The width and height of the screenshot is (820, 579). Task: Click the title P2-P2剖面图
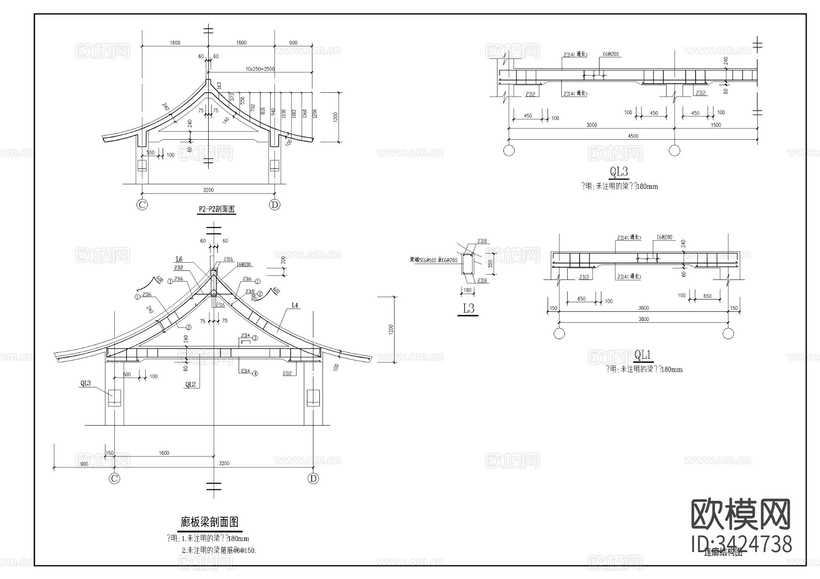tap(216, 209)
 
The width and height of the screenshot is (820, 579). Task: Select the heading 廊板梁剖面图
tap(210, 522)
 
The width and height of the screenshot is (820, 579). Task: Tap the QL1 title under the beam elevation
tap(643, 355)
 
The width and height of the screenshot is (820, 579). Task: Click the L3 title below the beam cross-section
tap(468, 309)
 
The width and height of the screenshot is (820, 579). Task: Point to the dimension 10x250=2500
tap(260, 69)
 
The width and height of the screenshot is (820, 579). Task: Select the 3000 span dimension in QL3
tap(592, 125)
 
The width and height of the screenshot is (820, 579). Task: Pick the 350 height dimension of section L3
tap(491, 264)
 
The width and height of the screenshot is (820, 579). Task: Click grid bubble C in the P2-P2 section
tap(142, 205)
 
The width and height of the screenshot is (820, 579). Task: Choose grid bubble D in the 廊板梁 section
tap(313, 478)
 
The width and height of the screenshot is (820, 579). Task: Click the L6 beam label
tap(179, 259)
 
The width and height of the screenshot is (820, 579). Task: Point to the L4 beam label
tap(294, 305)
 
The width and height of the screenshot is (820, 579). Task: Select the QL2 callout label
tap(190, 385)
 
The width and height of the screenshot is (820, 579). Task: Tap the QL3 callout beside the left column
tap(86, 383)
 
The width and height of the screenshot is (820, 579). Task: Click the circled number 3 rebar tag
tap(255, 338)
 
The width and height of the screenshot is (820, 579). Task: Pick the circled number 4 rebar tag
tap(255, 373)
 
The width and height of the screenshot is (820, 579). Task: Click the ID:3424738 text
tap(742, 544)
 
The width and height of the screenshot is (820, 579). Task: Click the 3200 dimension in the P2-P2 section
tap(208, 190)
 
